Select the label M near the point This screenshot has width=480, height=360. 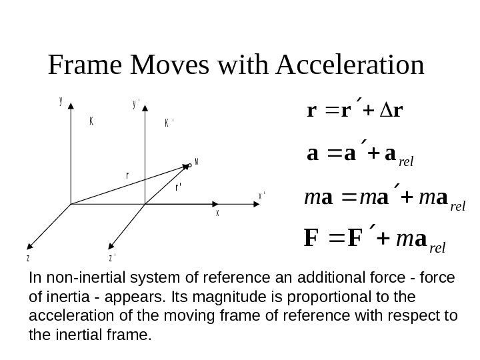[197, 161]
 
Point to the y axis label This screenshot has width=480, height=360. [61, 101]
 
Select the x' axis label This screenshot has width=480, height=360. [262, 195]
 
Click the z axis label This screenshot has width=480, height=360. [28, 257]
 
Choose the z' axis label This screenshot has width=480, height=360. [111, 257]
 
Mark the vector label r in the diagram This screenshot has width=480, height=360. [127, 175]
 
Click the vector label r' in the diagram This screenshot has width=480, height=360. [179, 188]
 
